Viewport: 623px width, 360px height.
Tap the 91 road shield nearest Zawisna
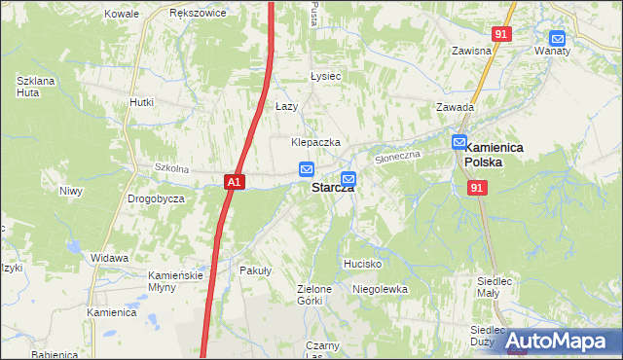(501, 33)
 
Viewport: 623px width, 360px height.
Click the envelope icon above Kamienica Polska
(459, 142)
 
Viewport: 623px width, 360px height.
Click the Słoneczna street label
(396, 154)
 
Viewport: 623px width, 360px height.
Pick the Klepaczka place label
(315, 142)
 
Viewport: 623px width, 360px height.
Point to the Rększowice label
(198, 14)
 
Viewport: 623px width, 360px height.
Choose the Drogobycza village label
(156, 198)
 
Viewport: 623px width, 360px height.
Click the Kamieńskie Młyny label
(174, 281)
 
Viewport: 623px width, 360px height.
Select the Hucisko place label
(362, 264)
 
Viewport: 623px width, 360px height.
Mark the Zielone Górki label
(315, 295)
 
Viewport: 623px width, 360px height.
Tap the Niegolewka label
(380, 289)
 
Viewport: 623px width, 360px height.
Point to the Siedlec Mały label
(495, 287)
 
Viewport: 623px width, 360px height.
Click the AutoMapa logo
(559, 341)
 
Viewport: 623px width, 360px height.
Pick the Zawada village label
(455, 108)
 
